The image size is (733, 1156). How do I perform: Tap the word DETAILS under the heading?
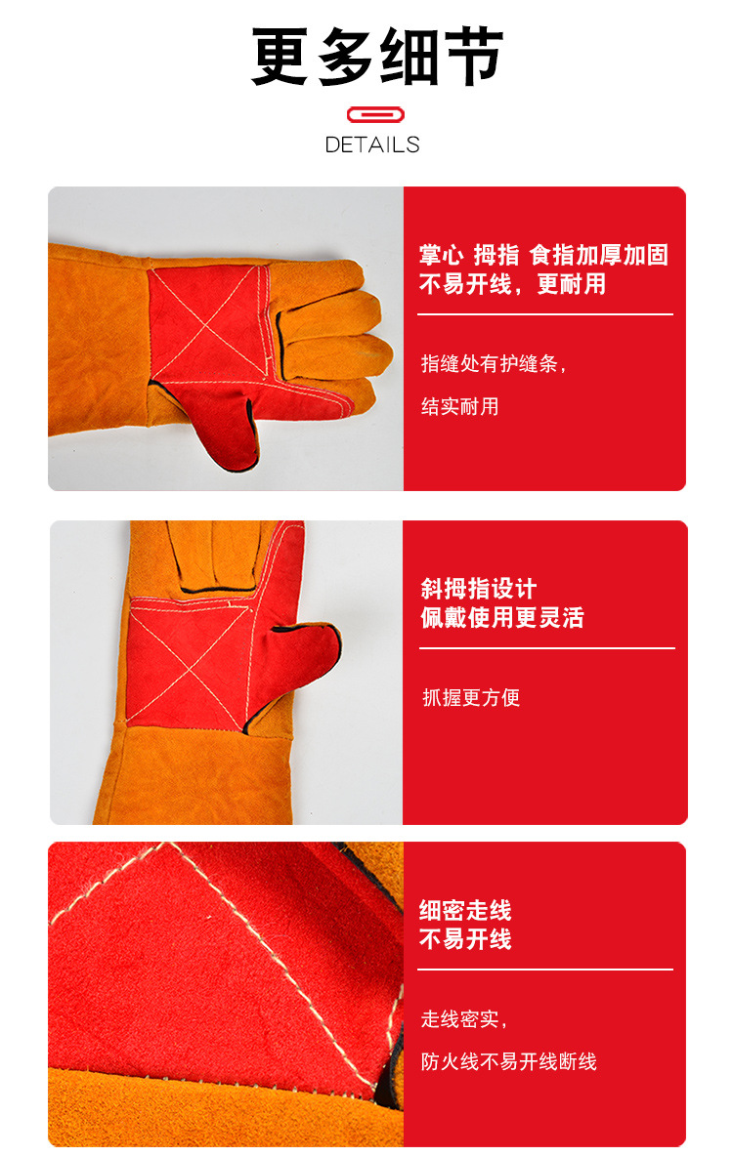point(371,144)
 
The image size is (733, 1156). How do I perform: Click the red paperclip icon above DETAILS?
point(371,114)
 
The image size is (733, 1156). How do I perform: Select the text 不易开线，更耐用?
point(512,284)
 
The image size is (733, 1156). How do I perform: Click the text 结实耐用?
point(459,406)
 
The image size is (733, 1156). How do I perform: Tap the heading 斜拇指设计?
point(478,589)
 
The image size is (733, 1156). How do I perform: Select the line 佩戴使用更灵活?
point(501,618)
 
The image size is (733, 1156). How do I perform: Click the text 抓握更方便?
point(470,697)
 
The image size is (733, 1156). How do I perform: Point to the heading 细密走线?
point(465,911)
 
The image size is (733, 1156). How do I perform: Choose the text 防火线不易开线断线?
point(508,1061)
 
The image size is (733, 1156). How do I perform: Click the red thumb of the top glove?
point(224,417)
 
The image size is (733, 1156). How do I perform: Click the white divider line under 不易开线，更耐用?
point(544,314)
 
